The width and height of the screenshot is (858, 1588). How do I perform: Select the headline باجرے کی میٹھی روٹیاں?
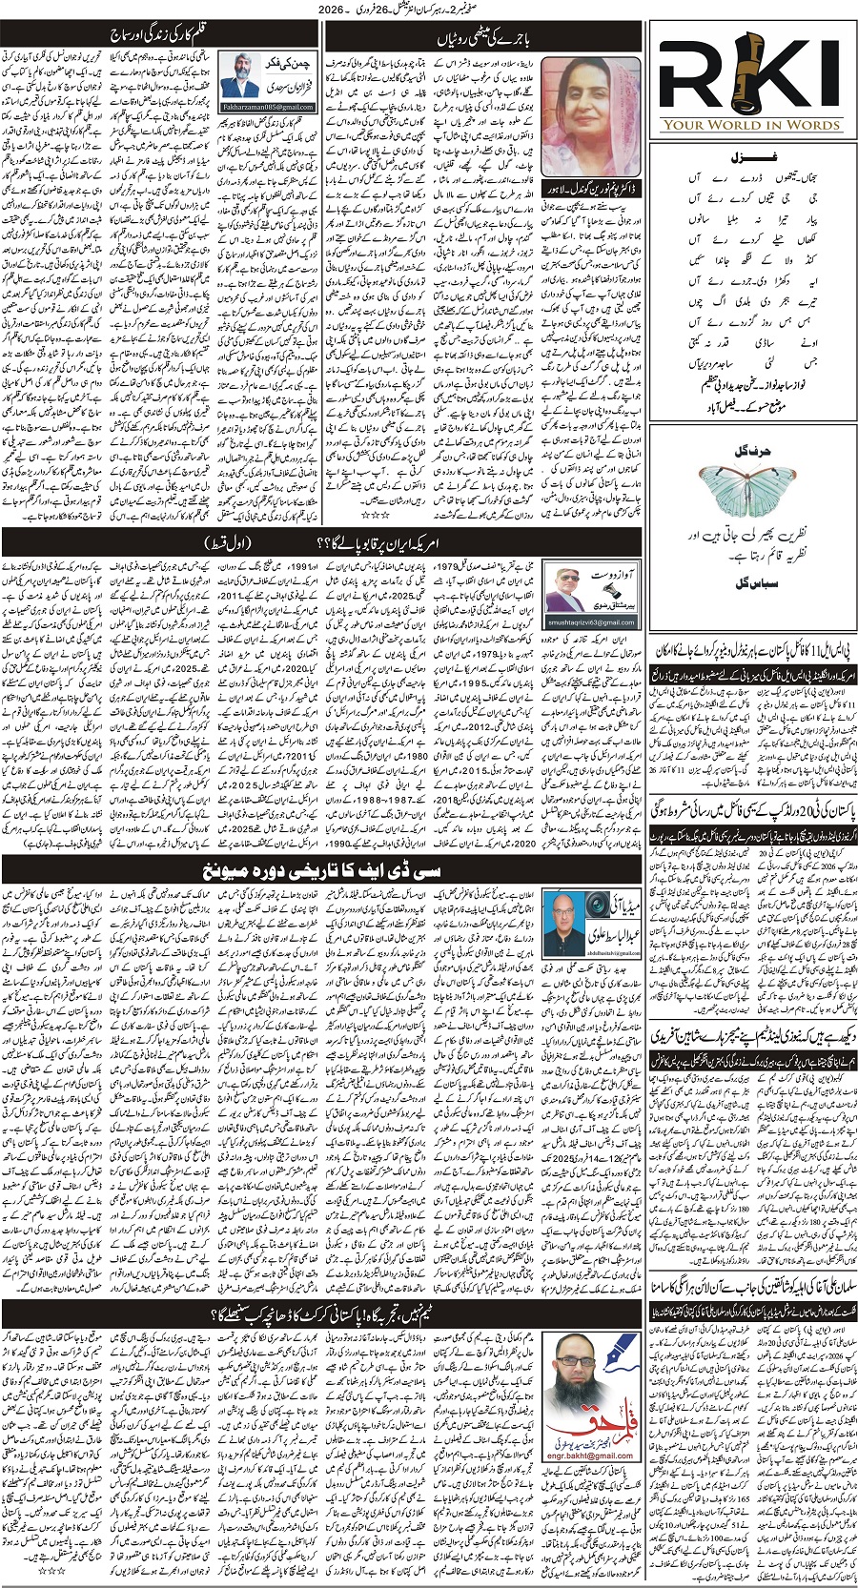click(x=483, y=38)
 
